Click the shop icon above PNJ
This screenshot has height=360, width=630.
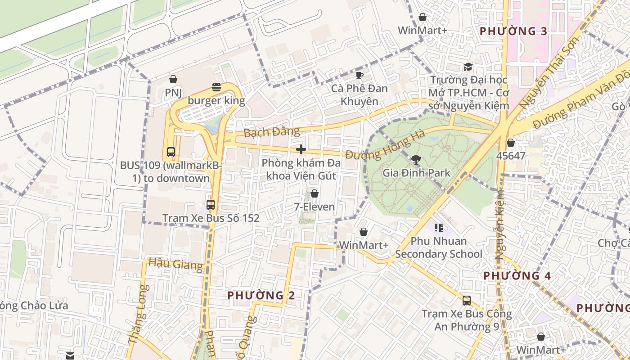(x=173, y=80)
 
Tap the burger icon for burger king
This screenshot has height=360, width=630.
(x=216, y=87)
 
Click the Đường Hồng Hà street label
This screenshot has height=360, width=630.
(x=385, y=145)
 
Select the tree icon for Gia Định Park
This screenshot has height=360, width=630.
(x=416, y=159)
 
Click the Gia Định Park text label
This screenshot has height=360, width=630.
(x=416, y=172)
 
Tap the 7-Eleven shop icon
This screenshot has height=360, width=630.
(x=315, y=193)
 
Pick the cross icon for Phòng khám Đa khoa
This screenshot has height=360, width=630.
(x=301, y=149)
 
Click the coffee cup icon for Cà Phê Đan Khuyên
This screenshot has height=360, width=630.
(x=359, y=75)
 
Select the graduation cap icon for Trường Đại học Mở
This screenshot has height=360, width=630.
(x=468, y=67)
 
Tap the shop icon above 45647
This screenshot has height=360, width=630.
(x=511, y=143)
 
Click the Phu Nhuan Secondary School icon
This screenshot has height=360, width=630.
(x=439, y=228)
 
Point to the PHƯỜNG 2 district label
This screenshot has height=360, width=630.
(x=261, y=296)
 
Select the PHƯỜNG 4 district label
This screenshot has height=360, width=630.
(x=517, y=275)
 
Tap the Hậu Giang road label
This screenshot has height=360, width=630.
(x=175, y=263)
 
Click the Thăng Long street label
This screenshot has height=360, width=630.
(x=137, y=315)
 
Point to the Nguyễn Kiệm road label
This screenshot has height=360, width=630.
(x=500, y=225)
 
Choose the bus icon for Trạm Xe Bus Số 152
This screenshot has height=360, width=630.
(x=211, y=205)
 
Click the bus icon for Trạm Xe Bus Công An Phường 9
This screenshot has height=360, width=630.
(x=467, y=301)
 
